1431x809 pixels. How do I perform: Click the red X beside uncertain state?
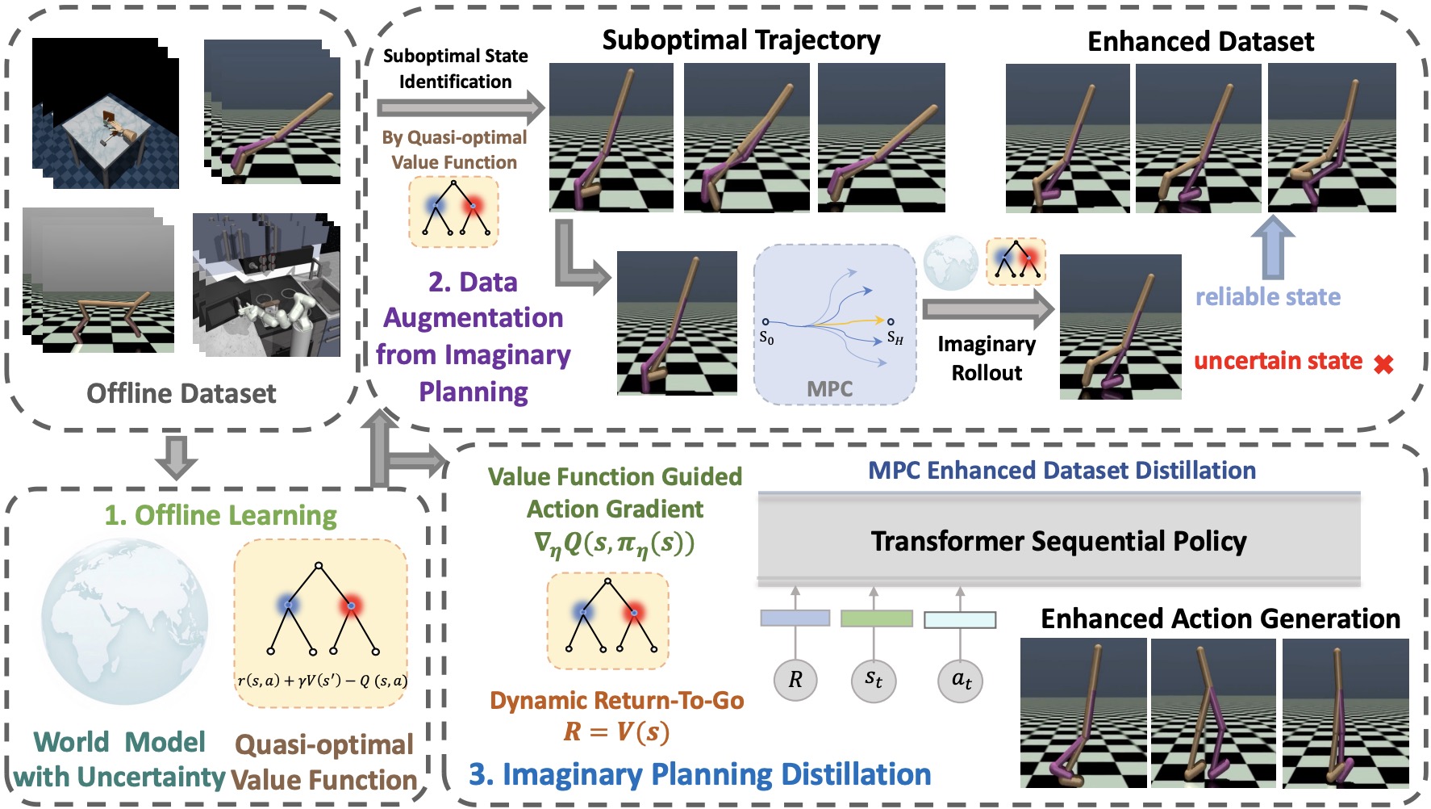1383,364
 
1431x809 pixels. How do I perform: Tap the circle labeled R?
795,679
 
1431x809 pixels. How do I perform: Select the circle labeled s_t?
874,679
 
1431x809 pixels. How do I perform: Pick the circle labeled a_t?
961,679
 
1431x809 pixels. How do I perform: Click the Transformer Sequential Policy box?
1058,540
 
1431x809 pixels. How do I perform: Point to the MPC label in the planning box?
829,388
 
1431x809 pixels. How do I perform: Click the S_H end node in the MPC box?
891,321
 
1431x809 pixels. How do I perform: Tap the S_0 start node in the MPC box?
766,322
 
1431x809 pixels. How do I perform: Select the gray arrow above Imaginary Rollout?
988,308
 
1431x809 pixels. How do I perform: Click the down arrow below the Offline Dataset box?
176,457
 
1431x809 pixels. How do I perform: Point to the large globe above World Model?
124,622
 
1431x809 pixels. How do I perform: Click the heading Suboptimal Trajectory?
741,40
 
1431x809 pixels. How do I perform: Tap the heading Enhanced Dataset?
1200,41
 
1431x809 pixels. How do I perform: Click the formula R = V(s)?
616,731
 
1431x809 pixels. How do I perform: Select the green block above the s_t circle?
876,618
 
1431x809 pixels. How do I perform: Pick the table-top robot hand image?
105,114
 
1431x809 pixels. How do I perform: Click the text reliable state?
1267,297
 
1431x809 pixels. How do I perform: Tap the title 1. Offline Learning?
220,515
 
